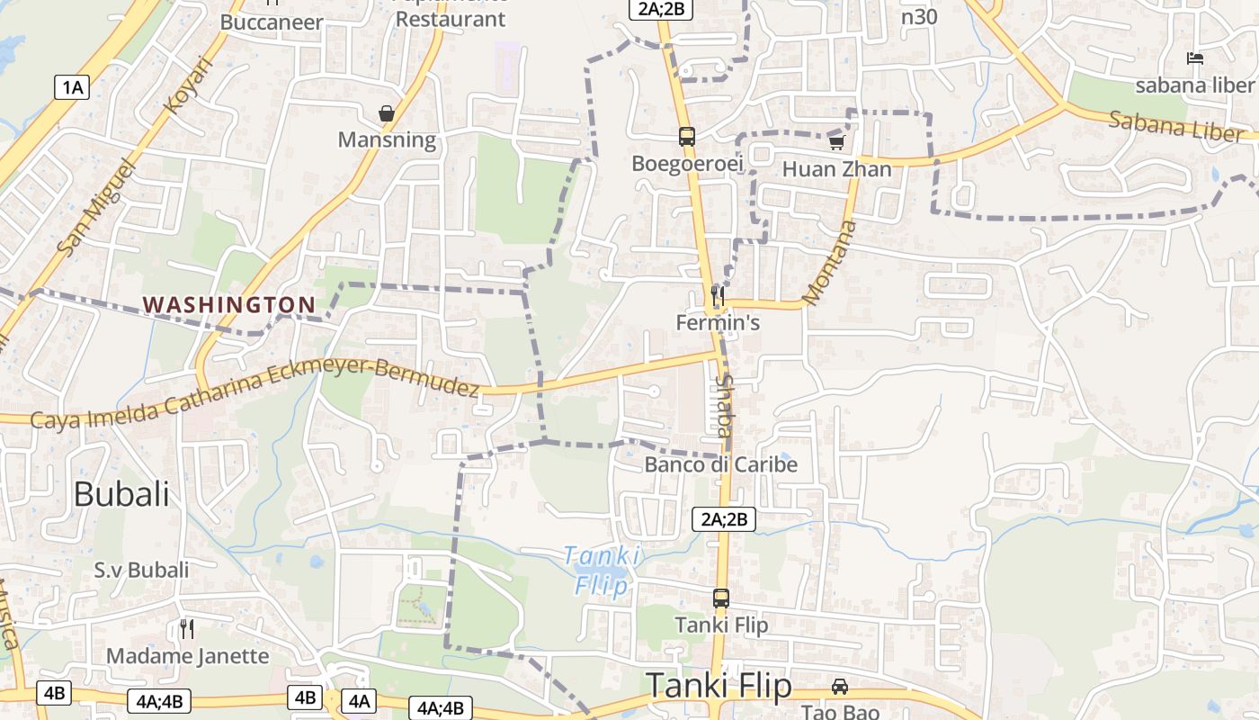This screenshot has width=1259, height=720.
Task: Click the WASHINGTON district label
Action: [229, 305]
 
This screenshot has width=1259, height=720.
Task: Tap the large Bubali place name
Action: [121, 494]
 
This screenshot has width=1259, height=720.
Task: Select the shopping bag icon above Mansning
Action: [387, 113]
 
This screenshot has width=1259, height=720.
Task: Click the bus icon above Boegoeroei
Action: [687, 137]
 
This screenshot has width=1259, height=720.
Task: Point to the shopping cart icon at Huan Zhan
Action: [837, 142]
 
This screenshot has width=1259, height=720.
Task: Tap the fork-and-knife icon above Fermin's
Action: [718, 294]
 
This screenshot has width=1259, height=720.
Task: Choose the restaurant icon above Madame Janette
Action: [187, 628]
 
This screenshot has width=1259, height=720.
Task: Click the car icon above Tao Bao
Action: [839, 687]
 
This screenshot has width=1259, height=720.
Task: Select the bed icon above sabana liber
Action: [1195, 58]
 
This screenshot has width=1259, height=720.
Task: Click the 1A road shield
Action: [72, 87]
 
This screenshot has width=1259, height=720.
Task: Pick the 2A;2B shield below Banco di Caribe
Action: [723, 519]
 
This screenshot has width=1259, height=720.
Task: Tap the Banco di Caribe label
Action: [721, 464]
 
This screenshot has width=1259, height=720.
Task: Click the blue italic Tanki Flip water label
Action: [603, 571]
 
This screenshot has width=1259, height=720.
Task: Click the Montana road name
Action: [828, 262]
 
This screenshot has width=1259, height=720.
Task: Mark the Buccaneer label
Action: [271, 22]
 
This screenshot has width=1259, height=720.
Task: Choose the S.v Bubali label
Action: [142, 570]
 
